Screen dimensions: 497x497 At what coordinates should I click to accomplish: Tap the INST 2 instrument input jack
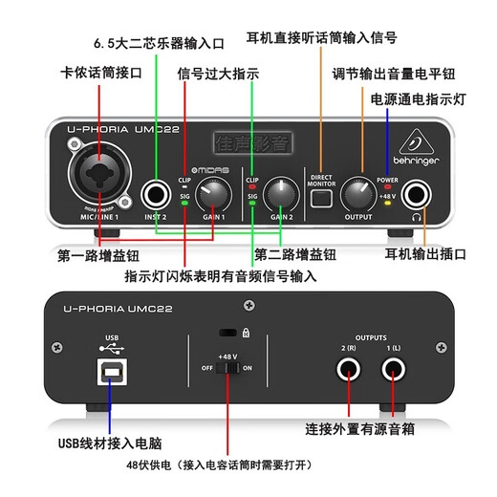(x=155, y=196)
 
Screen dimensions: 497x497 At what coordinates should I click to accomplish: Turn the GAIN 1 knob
(x=215, y=195)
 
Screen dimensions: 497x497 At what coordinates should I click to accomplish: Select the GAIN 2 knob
(x=280, y=194)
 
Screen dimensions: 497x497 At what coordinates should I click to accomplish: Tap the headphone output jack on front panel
(x=417, y=197)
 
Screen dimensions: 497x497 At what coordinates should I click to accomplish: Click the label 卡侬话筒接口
(x=100, y=74)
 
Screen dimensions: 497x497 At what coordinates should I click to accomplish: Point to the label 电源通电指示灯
(x=420, y=98)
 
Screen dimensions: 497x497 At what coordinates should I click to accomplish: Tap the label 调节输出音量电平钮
(x=395, y=74)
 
